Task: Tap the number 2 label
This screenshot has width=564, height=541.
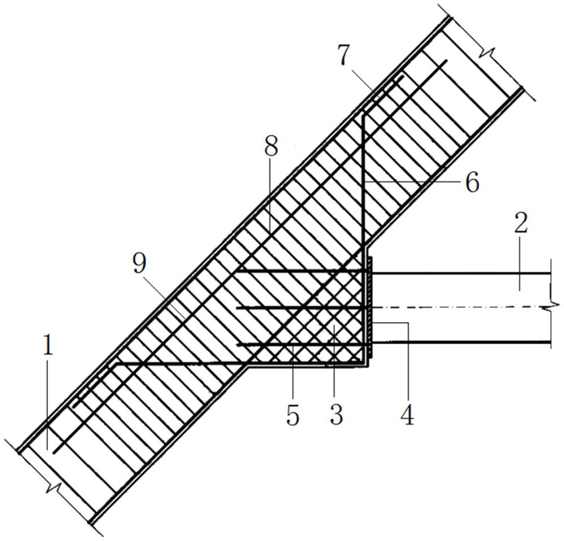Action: coord(521,224)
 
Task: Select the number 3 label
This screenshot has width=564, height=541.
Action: coord(336,415)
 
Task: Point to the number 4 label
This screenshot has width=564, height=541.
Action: coord(407,415)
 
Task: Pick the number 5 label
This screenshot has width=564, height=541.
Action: coord(292,415)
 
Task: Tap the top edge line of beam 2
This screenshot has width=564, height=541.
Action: coord(462,273)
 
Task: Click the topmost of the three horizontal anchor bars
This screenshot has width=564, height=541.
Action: coord(299,272)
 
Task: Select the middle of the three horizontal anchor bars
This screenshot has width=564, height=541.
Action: coord(299,307)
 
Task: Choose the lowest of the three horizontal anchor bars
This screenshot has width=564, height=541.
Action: coord(299,343)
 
